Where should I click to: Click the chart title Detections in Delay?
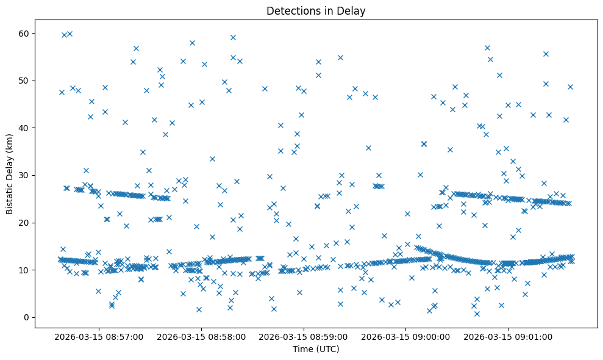(x=316, y=10)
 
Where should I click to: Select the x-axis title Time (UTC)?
(x=316, y=350)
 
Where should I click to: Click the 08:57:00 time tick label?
(x=99, y=336)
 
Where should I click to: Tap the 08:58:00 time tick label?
(x=201, y=336)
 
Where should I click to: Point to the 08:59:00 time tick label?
(x=303, y=336)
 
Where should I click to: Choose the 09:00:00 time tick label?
(x=405, y=336)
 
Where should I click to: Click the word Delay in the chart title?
(x=353, y=10)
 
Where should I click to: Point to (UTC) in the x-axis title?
(x=327, y=350)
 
